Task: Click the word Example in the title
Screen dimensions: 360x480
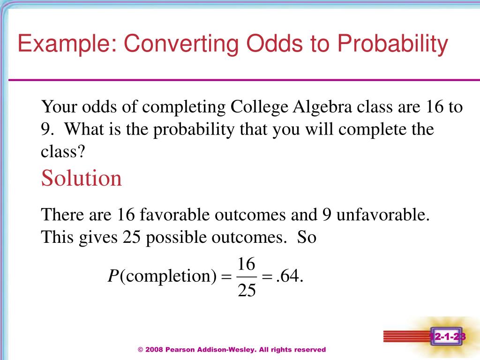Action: tap(67, 45)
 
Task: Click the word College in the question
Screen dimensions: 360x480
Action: tap(260, 107)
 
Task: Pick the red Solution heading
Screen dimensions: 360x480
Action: tap(82, 179)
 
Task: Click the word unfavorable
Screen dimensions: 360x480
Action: tap(383, 215)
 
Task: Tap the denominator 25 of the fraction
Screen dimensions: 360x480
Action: tap(247, 291)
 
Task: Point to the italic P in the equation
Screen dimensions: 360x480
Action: tap(112, 277)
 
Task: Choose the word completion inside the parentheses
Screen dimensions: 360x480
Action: tap(167, 277)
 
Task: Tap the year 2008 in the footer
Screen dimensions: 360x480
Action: tap(153, 350)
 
